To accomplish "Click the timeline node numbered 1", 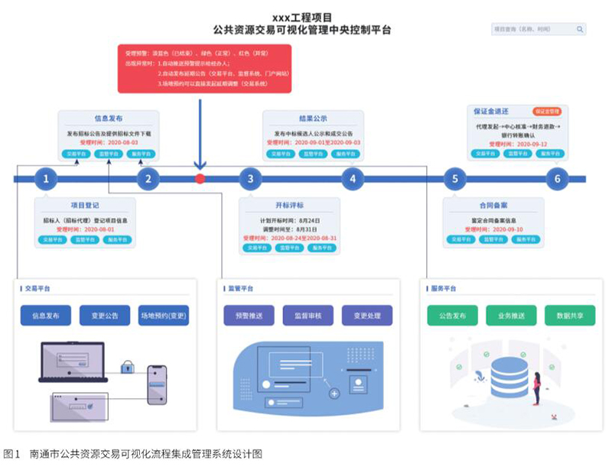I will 47,180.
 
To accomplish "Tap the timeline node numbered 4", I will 353,180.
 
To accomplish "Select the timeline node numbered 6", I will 558,180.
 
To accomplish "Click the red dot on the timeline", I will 200,179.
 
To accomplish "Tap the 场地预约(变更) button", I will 164,316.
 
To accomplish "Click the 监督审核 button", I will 308,316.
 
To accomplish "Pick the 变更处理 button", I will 367,316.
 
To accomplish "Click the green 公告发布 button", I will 453,316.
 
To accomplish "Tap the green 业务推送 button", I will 511,316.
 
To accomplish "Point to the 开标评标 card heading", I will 291,205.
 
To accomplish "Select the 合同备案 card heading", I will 494,205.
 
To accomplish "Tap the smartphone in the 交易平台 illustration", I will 157,383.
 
